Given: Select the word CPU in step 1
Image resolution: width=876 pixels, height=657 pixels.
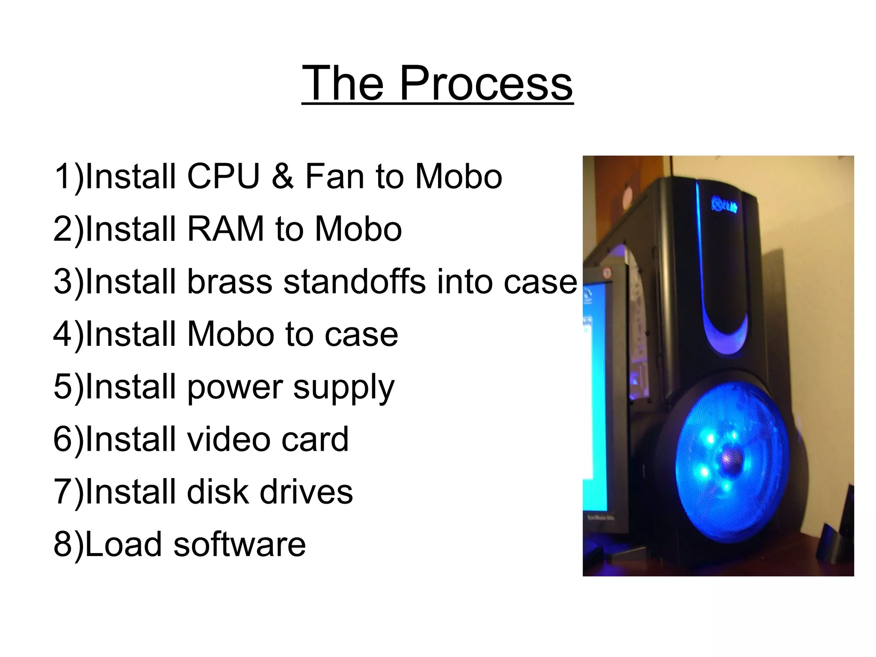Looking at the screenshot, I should [223, 176].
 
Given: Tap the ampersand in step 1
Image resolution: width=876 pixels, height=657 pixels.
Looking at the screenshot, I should [282, 176].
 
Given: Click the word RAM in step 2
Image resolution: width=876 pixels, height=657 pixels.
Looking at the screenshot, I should [225, 229].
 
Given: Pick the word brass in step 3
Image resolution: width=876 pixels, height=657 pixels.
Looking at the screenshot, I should [229, 282].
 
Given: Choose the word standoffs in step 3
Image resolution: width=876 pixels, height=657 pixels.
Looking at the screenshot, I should [355, 282].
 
